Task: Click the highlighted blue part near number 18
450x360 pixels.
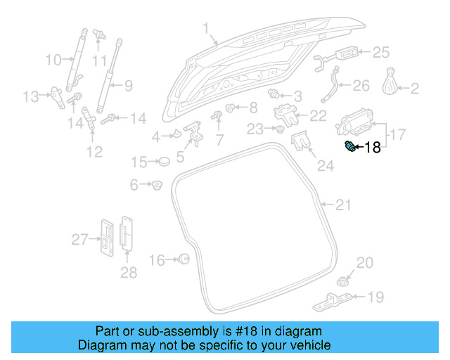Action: point(348,146)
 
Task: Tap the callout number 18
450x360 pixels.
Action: point(372,147)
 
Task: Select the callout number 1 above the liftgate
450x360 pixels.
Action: point(206,29)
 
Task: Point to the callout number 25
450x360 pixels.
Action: point(380,52)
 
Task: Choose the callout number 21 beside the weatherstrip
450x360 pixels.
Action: point(342,205)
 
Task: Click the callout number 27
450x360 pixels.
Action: point(79,240)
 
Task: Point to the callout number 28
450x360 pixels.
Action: point(128,272)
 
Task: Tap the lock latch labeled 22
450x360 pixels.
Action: point(285,111)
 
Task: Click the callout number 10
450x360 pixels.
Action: point(53,60)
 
